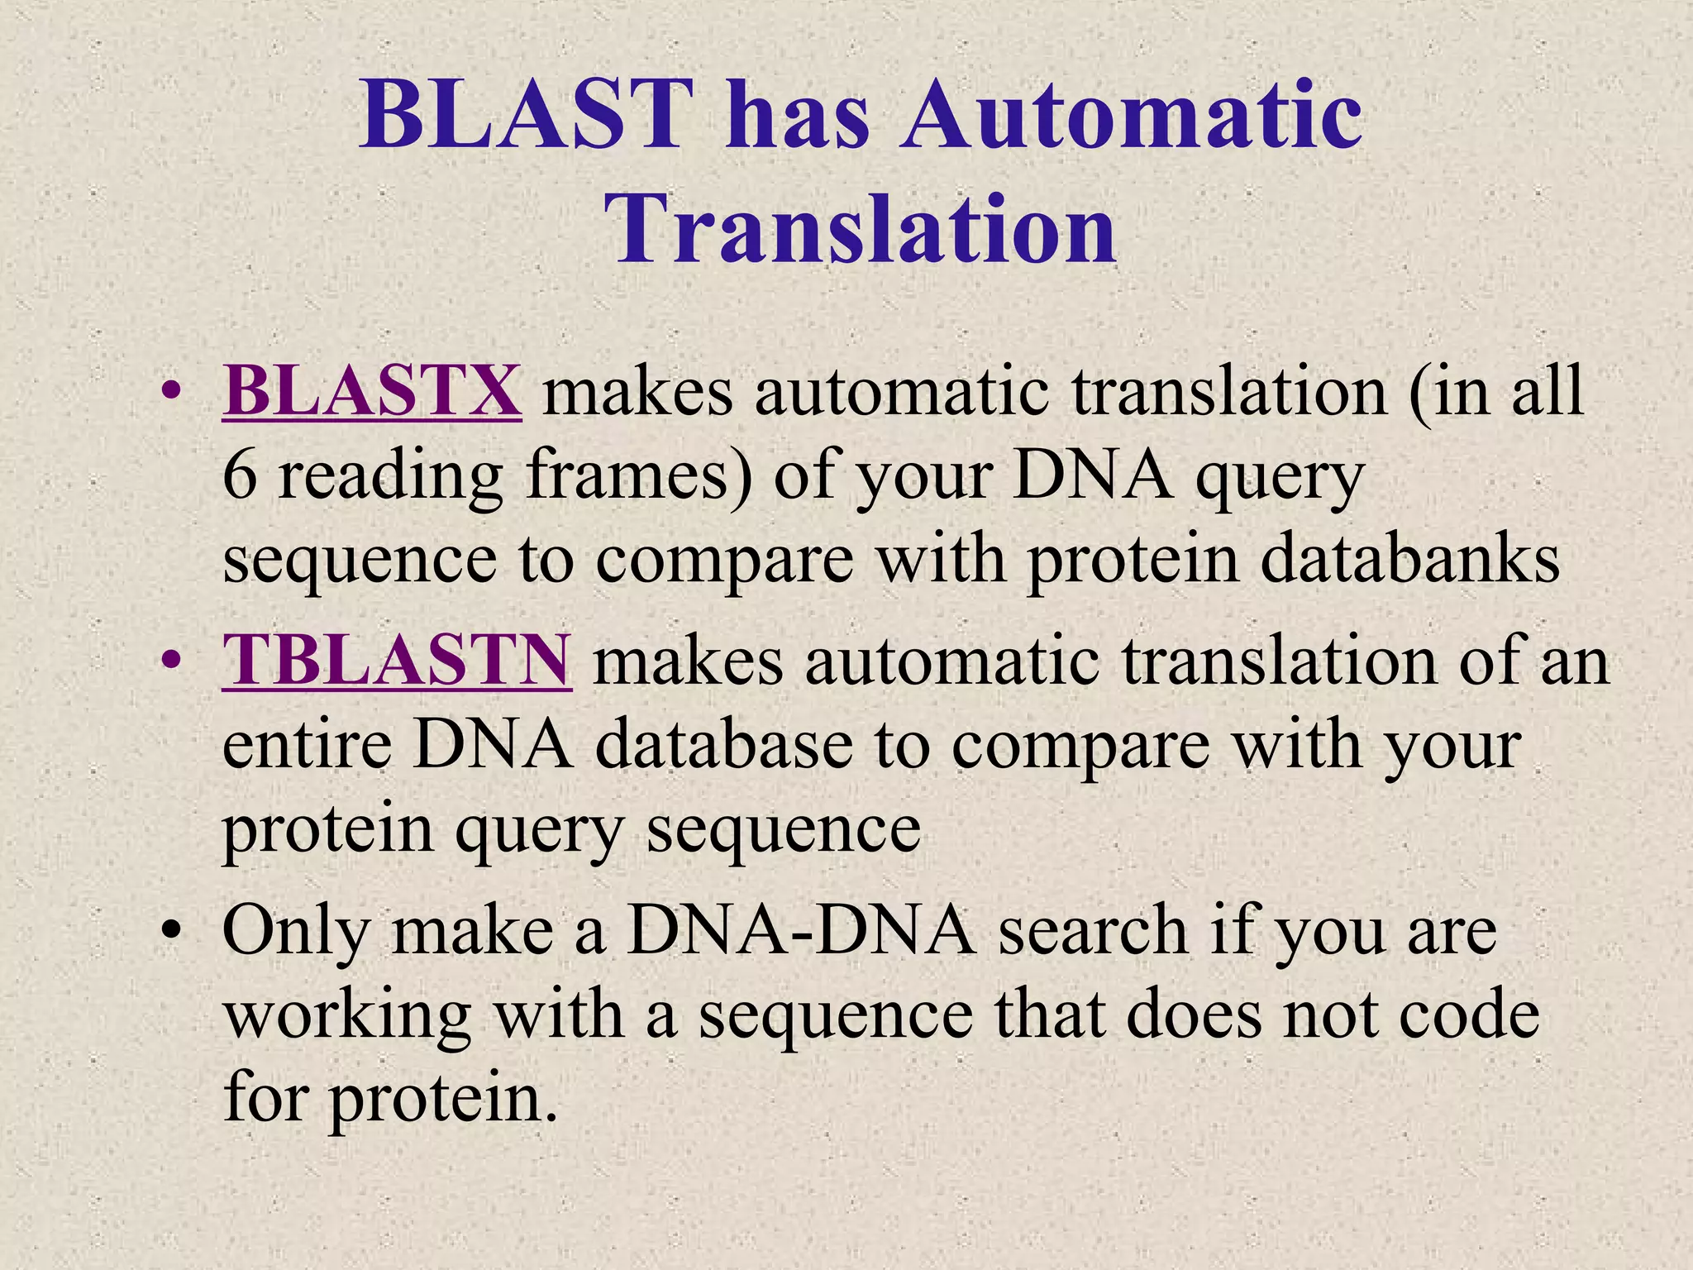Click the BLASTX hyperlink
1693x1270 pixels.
(371, 390)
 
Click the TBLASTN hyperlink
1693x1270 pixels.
(397, 660)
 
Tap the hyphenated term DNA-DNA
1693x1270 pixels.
(801, 930)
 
